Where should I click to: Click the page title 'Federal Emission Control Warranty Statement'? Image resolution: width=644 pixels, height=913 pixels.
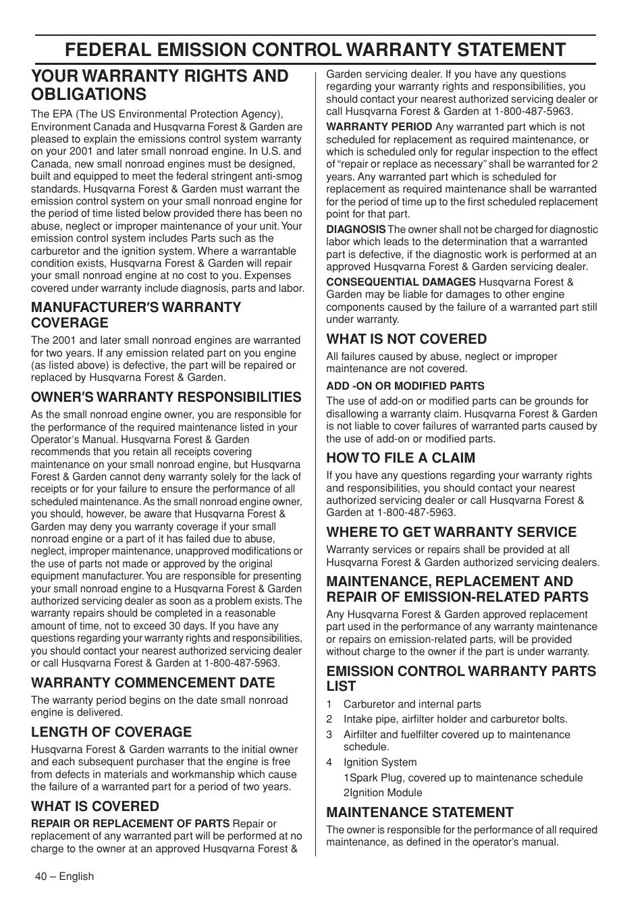pos(315,49)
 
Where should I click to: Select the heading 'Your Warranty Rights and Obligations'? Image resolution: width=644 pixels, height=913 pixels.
pos(159,85)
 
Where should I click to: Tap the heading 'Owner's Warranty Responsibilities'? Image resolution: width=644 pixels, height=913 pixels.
pos(166,397)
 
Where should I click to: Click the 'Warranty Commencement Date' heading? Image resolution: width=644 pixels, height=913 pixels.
pos(153,683)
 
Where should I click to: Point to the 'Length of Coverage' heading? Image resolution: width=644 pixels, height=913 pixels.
pos(111,732)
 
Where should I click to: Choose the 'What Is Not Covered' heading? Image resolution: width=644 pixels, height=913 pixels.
pos(406,339)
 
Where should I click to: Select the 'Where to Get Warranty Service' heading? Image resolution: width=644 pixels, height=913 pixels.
pos(452,532)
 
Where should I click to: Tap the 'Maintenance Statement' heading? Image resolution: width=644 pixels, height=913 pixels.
pos(420,812)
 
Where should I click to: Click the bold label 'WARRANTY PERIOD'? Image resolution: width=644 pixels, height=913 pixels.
pos(379,127)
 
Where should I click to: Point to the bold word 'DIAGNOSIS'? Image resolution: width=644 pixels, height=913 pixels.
pos(356,230)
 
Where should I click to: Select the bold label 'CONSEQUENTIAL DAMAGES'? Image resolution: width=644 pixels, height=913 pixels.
pos(401,282)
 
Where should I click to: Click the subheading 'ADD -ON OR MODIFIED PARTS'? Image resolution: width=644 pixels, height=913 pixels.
pos(405,386)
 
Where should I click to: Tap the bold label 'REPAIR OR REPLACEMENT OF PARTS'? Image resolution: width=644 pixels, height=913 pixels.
pos(130,824)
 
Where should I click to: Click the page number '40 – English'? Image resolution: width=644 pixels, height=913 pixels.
pos(64,877)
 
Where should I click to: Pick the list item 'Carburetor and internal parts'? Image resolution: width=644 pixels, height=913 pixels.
pos(412,704)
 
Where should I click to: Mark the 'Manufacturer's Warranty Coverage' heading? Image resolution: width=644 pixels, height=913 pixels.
pos(136,315)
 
